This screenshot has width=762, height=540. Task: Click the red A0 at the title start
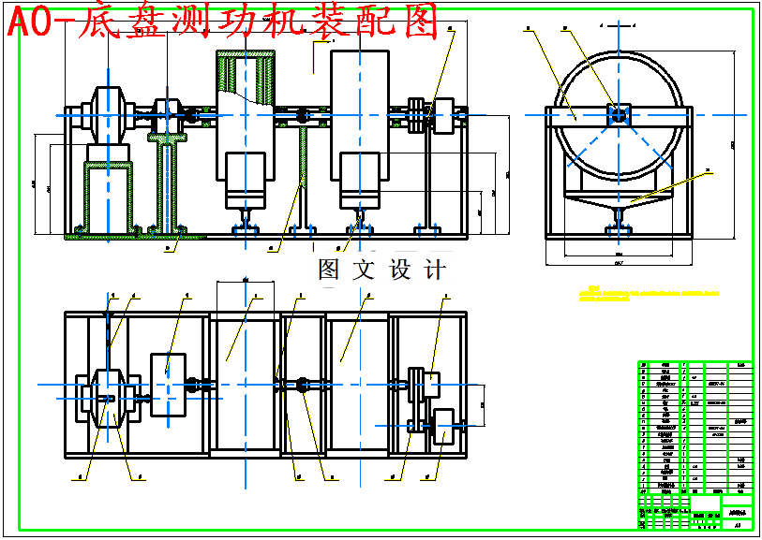pos(29,22)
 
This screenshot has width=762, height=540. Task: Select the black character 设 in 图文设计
pos(399,270)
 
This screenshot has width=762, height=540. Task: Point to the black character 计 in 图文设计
pos(434,270)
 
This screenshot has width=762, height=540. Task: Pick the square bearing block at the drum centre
pos(618,114)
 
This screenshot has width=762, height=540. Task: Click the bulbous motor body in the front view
pos(107,116)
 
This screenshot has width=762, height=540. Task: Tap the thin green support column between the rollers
pos(302,178)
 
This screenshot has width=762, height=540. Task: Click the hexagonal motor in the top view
pos(108,399)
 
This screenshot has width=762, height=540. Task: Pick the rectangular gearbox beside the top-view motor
pos(168,377)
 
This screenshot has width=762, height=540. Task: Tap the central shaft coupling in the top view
pos(302,384)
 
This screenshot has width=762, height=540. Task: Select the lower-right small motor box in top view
pos(442,426)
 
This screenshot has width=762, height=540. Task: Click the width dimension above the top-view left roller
pos(244,280)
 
